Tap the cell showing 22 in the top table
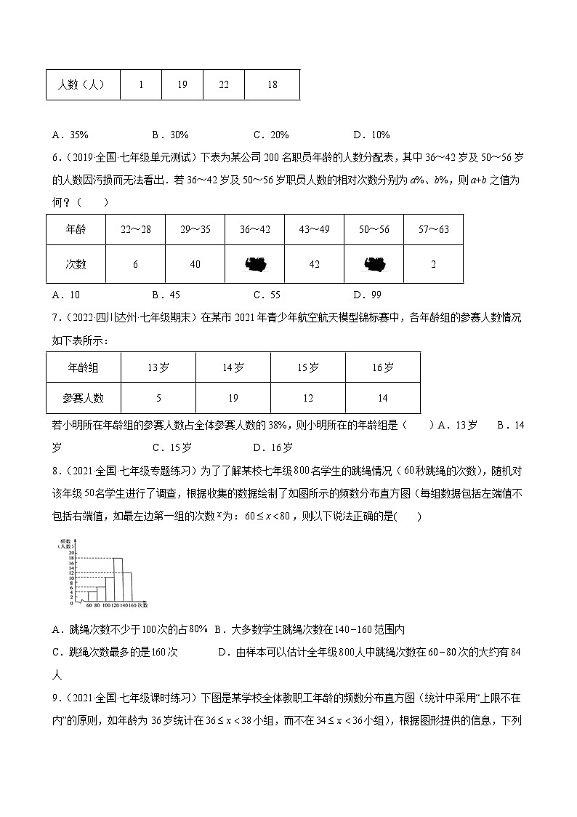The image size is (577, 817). click(224, 84)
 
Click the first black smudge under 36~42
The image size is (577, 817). click(255, 264)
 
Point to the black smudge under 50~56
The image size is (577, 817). click(374, 264)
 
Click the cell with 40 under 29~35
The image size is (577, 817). click(195, 264)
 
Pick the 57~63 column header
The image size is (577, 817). click(433, 230)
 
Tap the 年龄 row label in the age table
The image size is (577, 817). click(76, 230)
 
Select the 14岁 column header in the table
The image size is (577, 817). click(233, 368)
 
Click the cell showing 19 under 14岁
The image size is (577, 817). click(233, 398)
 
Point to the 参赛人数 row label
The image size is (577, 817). click(84, 398)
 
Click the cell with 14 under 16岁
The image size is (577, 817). click(383, 398)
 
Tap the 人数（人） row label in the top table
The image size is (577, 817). click(83, 84)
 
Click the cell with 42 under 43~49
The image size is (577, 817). click(315, 264)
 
